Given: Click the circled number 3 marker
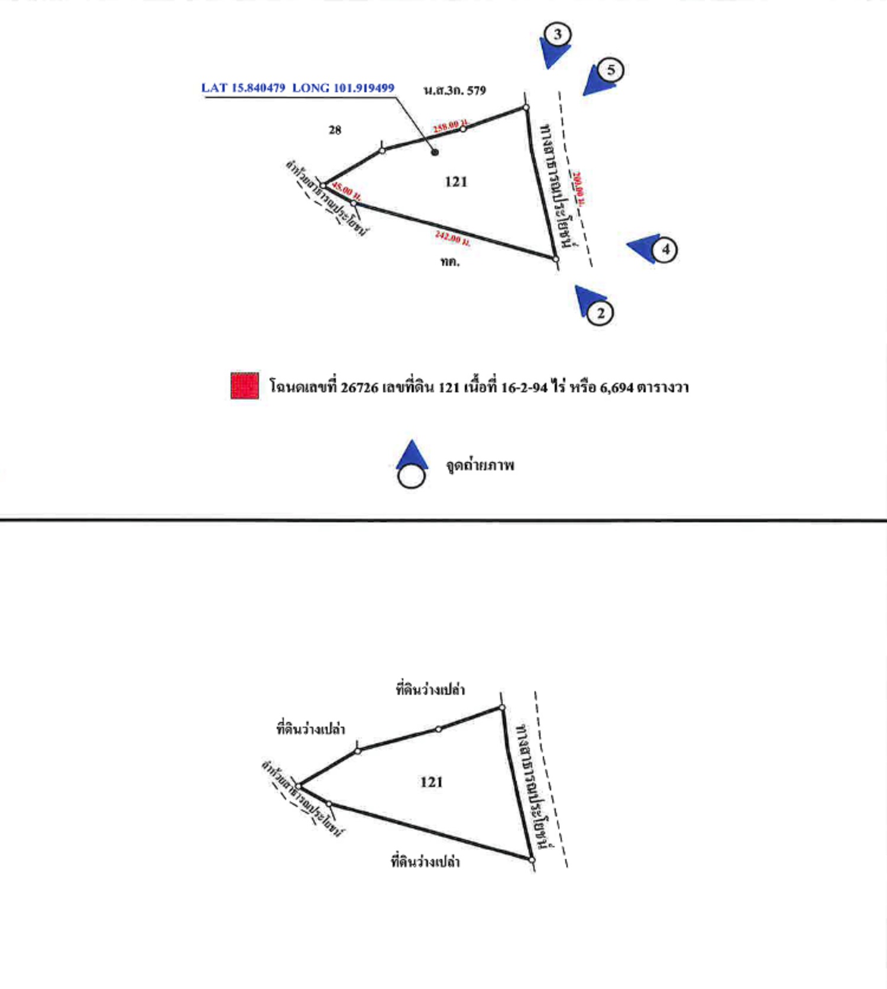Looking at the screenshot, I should [558, 34].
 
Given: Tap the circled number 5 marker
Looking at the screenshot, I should [611, 70].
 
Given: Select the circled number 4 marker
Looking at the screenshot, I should [665, 249].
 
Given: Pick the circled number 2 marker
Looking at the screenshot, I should [600, 313].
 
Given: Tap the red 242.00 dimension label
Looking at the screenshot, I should [452, 238].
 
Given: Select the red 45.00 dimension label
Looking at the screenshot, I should [346, 191].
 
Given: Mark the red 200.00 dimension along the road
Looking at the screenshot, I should [579, 188].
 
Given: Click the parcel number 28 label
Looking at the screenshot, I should [335, 130].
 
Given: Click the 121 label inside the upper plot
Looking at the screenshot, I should [456, 182].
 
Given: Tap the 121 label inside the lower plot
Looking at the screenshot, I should [431, 782].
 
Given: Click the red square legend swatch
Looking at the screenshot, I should [245, 386].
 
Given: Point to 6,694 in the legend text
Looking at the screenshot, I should [616, 388].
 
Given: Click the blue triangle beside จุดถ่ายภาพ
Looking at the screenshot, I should [412, 455].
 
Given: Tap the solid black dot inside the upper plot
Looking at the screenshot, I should [435, 152].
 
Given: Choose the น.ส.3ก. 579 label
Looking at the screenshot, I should [455, 90].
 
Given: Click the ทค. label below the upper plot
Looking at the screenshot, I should [449, 262].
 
